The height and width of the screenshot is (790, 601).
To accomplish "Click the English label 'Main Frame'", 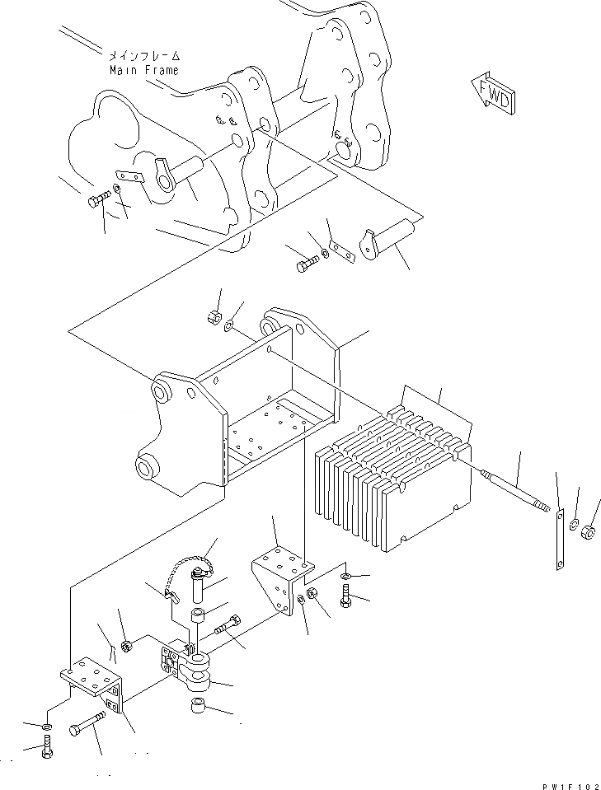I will [x=144, y=70].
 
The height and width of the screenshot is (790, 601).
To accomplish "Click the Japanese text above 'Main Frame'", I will [x=143, y=56].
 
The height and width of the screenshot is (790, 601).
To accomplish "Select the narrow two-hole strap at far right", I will [x=559, y=539].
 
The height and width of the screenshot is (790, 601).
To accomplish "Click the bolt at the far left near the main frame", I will [x=98, y=199].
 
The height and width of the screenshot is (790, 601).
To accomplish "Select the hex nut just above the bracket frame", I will [x=211, y=316].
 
